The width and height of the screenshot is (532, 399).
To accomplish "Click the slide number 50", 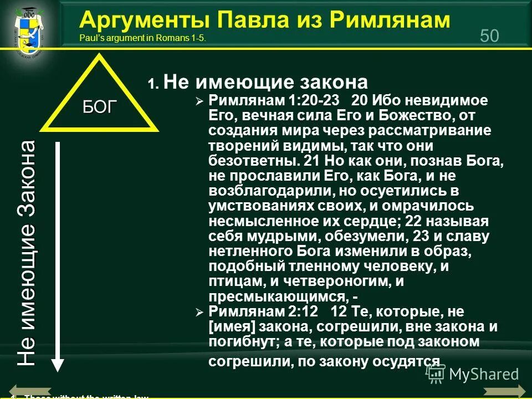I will (489, 35).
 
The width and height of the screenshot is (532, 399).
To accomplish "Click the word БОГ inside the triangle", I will (100, 106).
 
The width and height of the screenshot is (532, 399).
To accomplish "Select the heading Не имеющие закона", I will (266, 83).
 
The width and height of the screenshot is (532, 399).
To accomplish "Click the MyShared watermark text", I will (483, 375).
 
